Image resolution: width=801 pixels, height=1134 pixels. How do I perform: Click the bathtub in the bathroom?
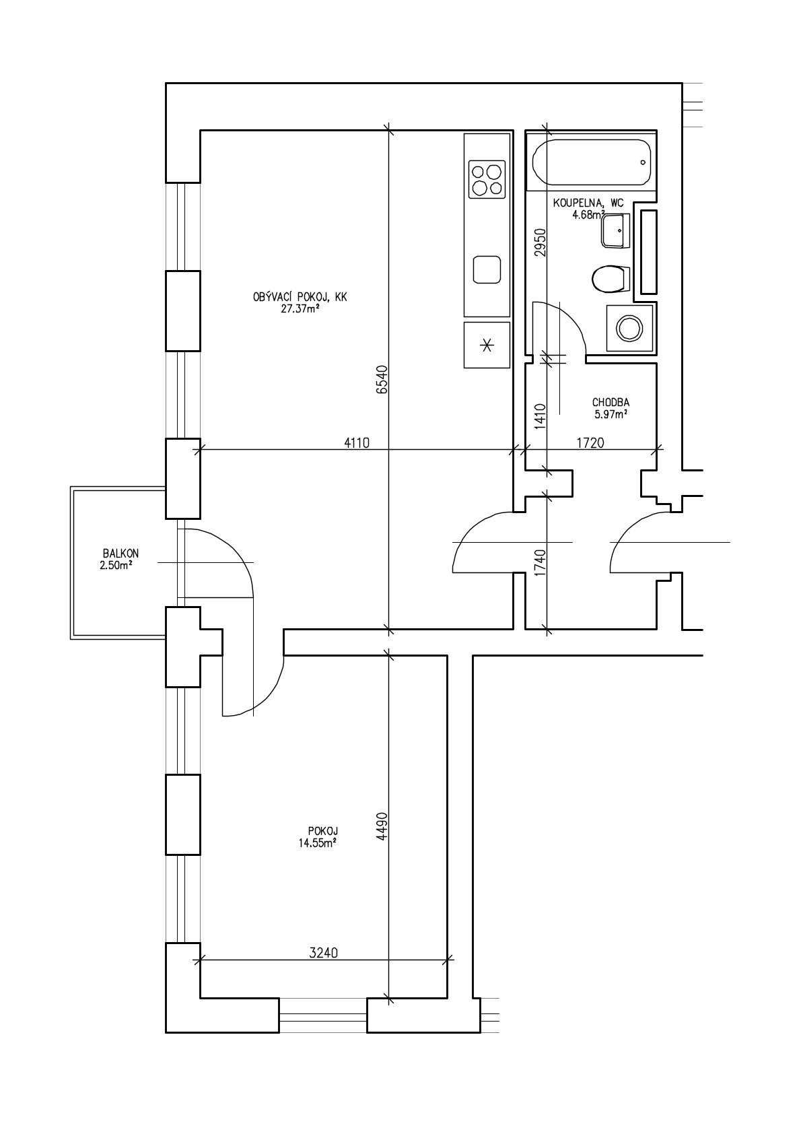pyautogui.click(x=591, y=162)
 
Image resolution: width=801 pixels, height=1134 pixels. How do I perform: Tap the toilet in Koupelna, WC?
pyautogui.click(x=611, y=279)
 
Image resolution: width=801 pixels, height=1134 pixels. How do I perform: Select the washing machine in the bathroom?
pyautogui.click(x=629, y=328)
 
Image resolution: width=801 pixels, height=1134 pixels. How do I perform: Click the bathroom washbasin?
pyautogui.click(x=615, y=230)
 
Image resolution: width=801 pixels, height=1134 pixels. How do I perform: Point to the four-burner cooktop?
pyautogui.click(x=487, y=179)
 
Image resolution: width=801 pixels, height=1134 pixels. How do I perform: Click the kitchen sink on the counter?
pyautogui.click(x=487, y=269)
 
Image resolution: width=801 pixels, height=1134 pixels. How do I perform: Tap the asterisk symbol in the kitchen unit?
pyautogui.click(x=487, y=345)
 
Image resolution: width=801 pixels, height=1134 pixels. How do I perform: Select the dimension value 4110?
pyautogui.click(x=357, y=443)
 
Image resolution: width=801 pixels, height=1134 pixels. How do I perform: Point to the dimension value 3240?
pyautogui.click(x=323, y=953)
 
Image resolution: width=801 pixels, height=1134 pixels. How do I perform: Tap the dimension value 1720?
pyautogui.click(x=590, y=443)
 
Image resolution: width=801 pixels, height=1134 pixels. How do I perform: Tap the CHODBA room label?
pyautogui.click(x=611, y=403)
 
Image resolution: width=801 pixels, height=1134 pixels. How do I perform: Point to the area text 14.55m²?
pyautogui.click(x=318, y=843)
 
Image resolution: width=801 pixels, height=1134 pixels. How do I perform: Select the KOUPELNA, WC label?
pyautogui.click(x=588, y=203)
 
